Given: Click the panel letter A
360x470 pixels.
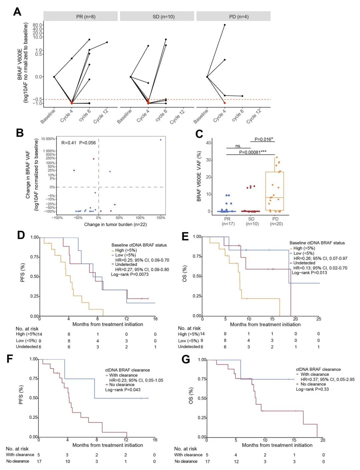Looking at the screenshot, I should pyautogui.click(x=17, y=12).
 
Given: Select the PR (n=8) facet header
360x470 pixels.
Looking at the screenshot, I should pyautogui.click(x=81, y=16).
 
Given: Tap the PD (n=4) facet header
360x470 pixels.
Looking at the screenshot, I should pyautogui.click(x=233, y=16).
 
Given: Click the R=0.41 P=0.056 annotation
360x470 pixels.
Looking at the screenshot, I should pyautogui.click(x=78, y=143).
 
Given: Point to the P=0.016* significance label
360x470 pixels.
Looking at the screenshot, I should pyautogui.click(x=263, y=139).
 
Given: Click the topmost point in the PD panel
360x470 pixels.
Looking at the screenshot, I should pyautogui.click(x=225, y=25).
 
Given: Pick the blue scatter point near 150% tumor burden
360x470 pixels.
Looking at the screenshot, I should pyautogui.click(x=161, y=140).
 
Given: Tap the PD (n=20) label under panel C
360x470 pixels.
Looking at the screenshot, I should pyautogui.click(x=275, y=221).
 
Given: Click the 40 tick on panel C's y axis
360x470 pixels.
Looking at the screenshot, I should pyautogui.click(x=208, y=143).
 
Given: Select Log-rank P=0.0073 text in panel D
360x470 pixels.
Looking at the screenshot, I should pyautogui.click(x=130, y=275).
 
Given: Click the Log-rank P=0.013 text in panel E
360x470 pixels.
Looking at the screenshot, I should pyautogui.click(x=309, y=273).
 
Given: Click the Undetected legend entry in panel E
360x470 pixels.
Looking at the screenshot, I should pyautogui.click(x=304, y=263).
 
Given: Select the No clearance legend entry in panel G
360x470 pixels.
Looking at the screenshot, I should pyautogui.click(x=313, y=384).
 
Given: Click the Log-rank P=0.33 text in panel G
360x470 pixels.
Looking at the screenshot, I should pyautogui.click(x=312, y=389).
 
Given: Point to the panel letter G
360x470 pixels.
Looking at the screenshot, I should pyautogui.click(x=186, y=359).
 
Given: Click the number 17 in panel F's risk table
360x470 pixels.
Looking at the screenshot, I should pyautogui.click(x=39, y=461).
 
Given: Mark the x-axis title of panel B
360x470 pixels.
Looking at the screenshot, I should pyautogui.click(x=115, y=224).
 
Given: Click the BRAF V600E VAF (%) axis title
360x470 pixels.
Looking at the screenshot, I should pyautogui.click(x=199, y=176).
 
